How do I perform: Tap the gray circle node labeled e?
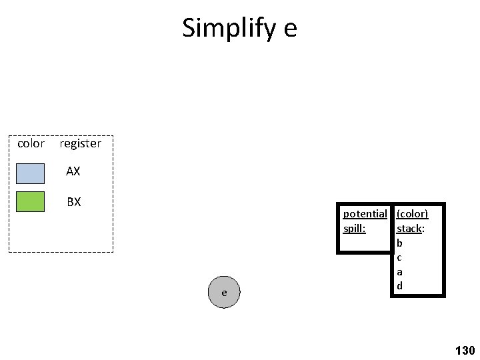tap(224, 293)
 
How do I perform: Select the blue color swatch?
tap(30, 173)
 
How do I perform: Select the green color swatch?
tap(30, 201)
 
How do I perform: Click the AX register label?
tap(73, 171)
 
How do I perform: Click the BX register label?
tap(73, 201)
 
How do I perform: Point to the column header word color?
tap(31, 143)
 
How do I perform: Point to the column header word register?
tap(80, 143)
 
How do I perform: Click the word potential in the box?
tap(365, 214)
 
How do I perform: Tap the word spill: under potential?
tap(353, 228)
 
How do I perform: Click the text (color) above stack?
tap(412, 214)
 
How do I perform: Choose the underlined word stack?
tap(408, 228)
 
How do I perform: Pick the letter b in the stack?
tap(399, 243)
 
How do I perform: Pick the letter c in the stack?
tap(399, 257)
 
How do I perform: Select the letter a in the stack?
tap(399, 272)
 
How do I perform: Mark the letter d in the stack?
tap(399, 286)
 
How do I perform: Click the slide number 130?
tap(464, 350)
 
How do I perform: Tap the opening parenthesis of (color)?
tap(398, 214)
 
